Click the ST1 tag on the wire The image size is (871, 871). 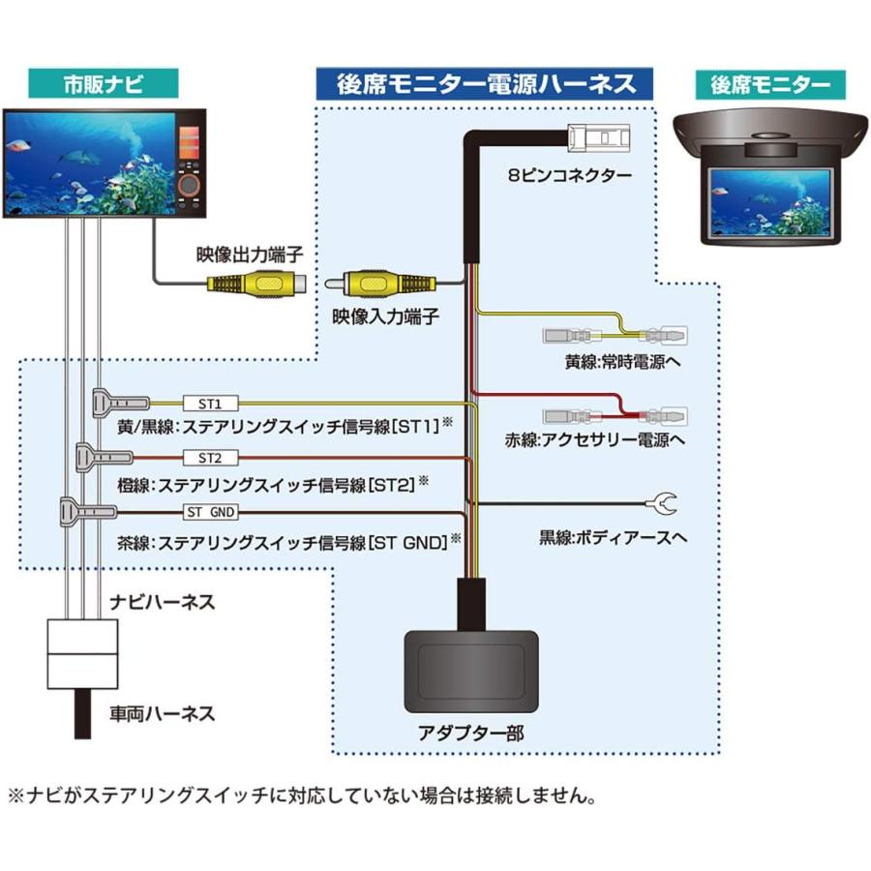(210, 402)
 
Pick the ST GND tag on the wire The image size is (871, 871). (209, 512)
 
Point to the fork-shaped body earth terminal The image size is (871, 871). (665, 503)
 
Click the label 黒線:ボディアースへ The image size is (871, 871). (613, 536)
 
